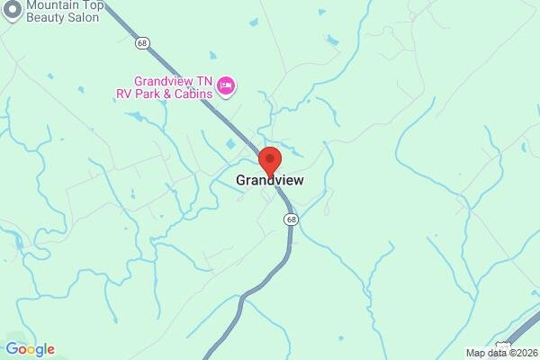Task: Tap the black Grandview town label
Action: pos(269,180)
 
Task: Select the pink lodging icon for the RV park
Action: pos(226,86)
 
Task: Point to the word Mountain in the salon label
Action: pos(51,4)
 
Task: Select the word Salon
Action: pos(81,18)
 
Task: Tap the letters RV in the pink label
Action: pos(124,93)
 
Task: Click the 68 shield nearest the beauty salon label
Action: pos(141,42)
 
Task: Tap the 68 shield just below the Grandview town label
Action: pos(290,219)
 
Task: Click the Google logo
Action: pos(30,349)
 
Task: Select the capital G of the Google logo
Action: pos(12,349)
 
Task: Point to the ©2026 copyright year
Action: pos(522,353)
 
